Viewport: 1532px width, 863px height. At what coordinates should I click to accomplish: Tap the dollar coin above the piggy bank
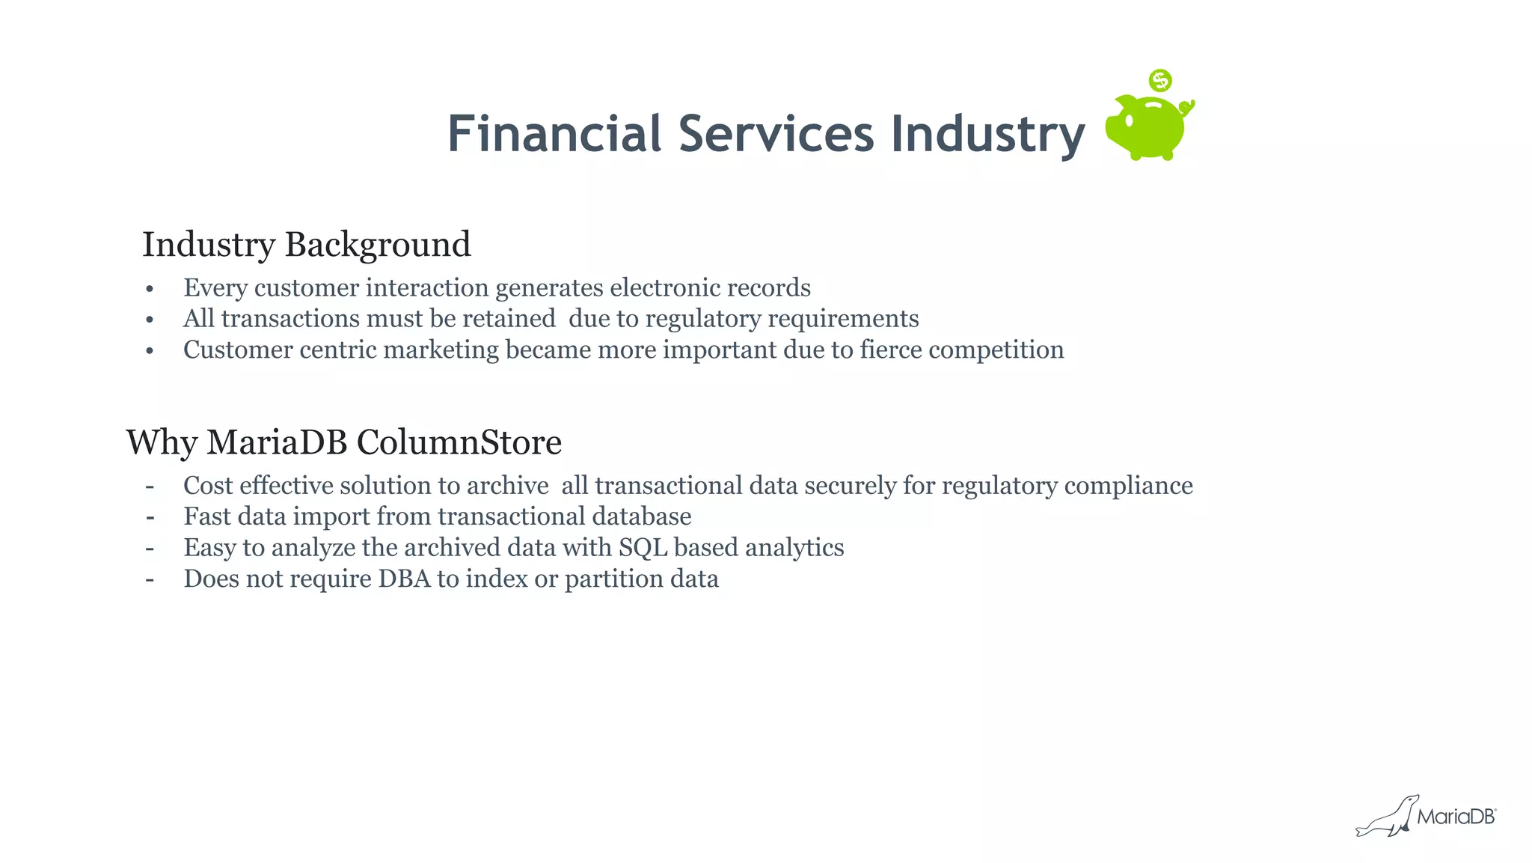(x=1160, y=80)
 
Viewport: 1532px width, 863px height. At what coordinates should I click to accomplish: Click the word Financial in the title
(x=554, y=134)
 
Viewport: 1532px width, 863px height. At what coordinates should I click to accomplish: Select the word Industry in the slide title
(x=987, y=135)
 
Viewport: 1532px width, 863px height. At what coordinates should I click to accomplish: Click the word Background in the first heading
(x=378, y=245)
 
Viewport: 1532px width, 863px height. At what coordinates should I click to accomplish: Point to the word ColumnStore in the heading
(x=459, y=442)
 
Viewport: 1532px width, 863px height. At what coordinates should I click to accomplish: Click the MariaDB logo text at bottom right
(x=1456, y=817)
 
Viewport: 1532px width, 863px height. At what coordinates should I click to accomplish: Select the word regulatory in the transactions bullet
(x=703, y=320)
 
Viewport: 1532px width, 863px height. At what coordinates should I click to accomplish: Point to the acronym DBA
(x=404, y=579)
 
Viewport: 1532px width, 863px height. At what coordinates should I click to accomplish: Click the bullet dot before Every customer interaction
(x=150, y=289)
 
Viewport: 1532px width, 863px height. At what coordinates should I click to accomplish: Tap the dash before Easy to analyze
(x=150, y=548)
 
